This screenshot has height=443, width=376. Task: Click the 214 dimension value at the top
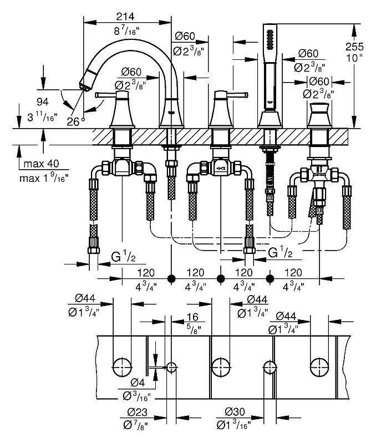tap(125, 17)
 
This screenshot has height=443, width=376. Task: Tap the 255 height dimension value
tap(354, 47)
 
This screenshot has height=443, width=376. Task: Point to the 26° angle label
tap(75, 121)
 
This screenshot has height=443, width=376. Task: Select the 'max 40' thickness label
tap(41, 164)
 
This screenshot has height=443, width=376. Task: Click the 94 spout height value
tap(42, 101)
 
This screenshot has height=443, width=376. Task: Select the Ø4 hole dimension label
tap(138, 383)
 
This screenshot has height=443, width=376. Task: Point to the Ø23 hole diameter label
tap(138, 412)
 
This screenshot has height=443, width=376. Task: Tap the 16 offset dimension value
tap(192, 317)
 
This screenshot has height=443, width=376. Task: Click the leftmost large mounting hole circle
tap(122, 367)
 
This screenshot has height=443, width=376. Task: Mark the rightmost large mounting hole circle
tap(319, 367)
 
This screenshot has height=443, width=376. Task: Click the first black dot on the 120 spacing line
tap(171, 278)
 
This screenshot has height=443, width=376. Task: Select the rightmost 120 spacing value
tap(293, 273)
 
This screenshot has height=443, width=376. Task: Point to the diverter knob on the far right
tap(319, 109)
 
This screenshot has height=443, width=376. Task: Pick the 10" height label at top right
tap(354, 58)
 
